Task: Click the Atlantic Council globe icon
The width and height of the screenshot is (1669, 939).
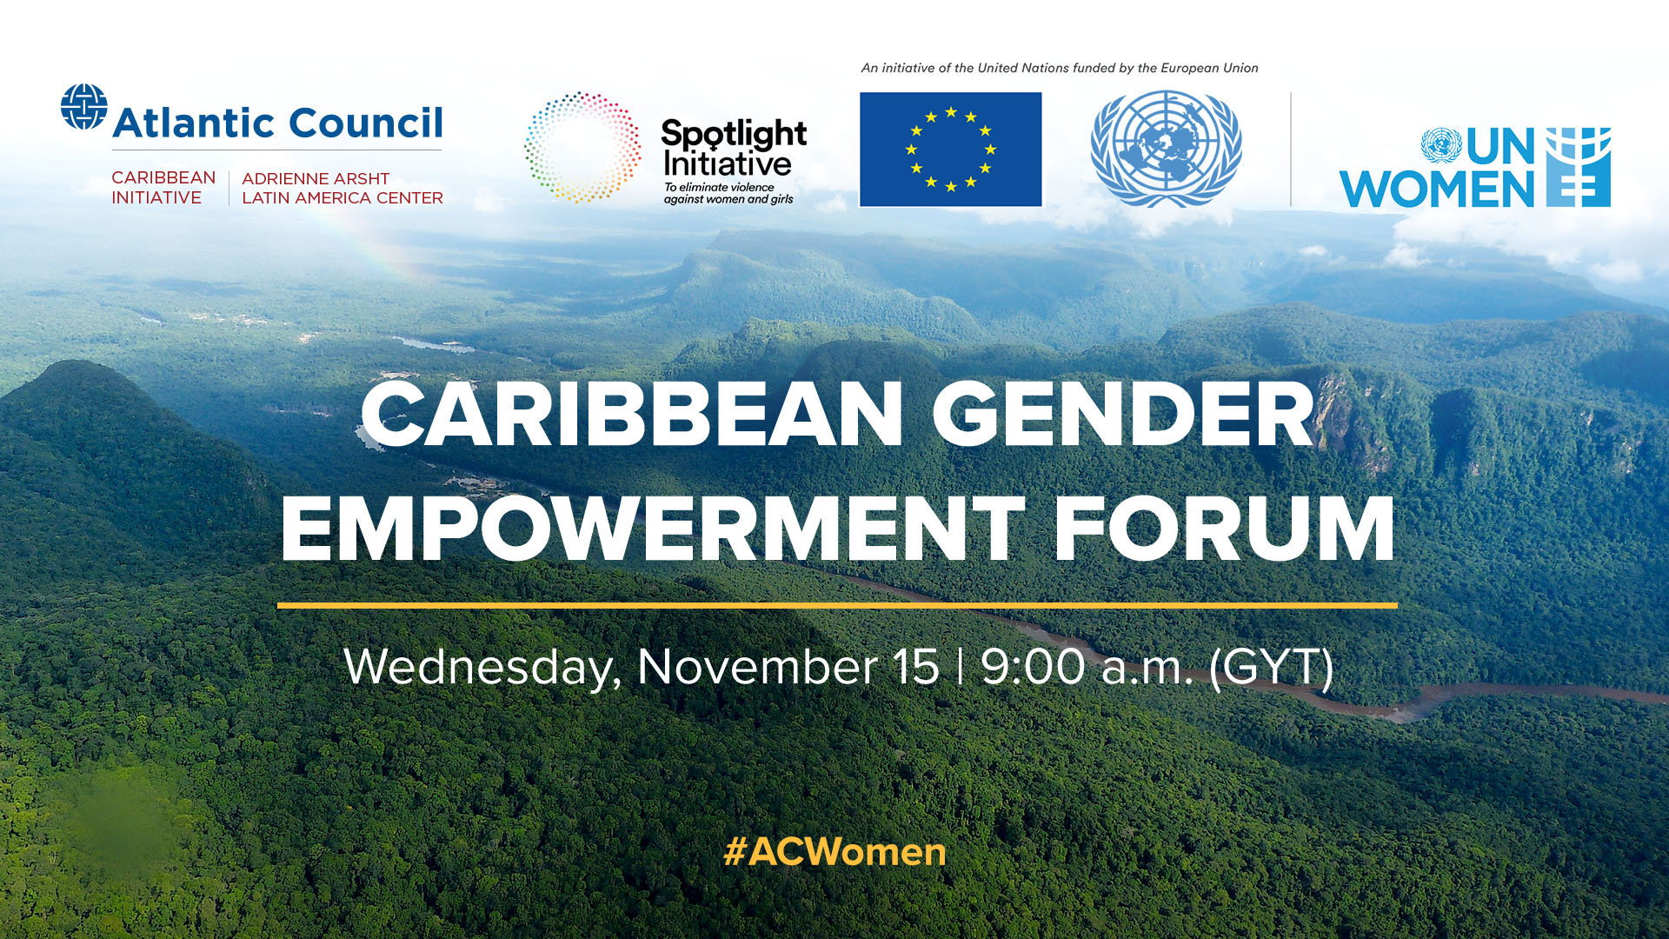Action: pyautogui.click(x=83, y=107)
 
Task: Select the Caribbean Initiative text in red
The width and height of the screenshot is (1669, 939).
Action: pyautogui.click(x=163, y=188)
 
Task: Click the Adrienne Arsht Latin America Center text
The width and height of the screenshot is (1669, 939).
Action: pyautogui.click(x=342, y=188)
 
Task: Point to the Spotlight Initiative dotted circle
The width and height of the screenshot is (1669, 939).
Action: pyautogui.click(x=582, y=147)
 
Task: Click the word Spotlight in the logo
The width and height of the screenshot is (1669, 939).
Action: pyautogui.click(x=734, y=136)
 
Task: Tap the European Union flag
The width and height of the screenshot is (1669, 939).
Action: pyautogui.click(x=950, y=150)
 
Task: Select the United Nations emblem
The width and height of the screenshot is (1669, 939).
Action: pyautogui.click(x=1166, y=149)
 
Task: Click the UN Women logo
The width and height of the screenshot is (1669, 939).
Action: pyautogui.click(x=1474, y=168)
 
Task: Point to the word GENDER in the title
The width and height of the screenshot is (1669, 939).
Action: pyautogui.click(x=1123, y=416)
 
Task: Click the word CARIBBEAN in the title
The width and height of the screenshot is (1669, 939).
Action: pyautogui.click(x=632, y=416)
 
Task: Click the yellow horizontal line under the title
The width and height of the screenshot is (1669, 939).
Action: pyautogui.click(x=836, y=605)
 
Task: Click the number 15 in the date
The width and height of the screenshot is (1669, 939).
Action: pyautogui.click(x=916, y=668)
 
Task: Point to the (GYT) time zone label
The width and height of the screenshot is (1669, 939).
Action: pyautogui.click(x=1271, y=668)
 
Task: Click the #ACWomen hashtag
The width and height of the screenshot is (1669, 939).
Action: pyautogui.click(x=834, y=852)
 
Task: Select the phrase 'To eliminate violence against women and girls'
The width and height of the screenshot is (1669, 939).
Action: pyautogui.click(x=728, y=193)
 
